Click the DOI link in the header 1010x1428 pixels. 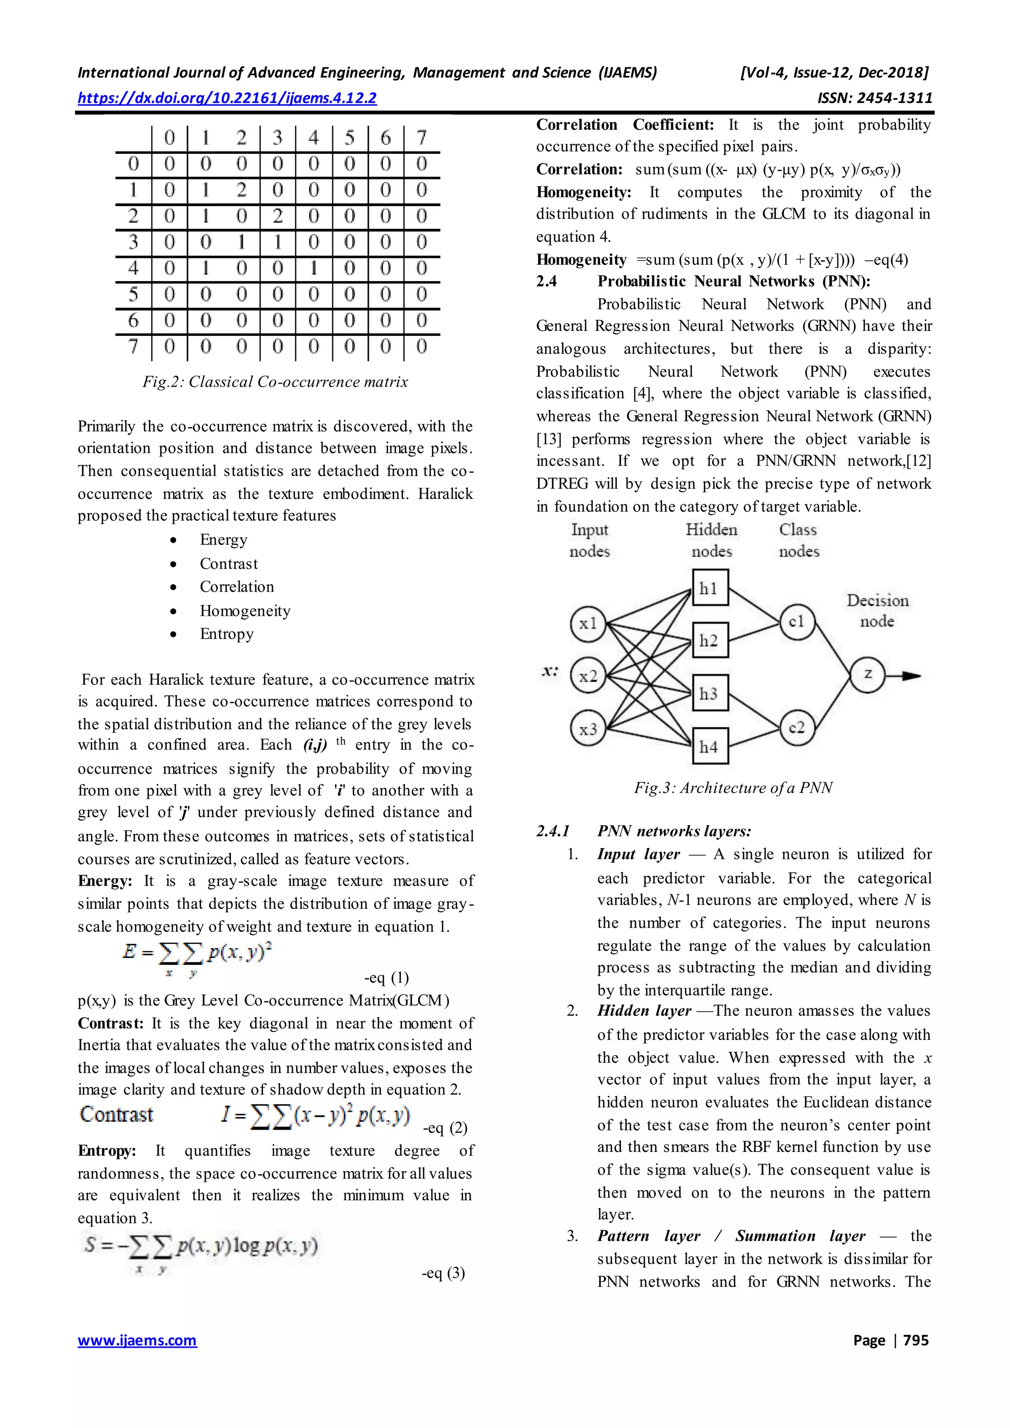point(227,98)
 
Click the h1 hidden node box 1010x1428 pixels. point(710,588)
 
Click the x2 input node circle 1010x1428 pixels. point(588,676)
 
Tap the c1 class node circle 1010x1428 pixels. point(796,621)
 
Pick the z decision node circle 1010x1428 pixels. point(867,674)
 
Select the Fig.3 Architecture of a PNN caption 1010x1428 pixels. point(733,787)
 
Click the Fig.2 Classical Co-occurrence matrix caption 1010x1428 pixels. point(275,381)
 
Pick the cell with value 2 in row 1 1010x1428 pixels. point(241,190)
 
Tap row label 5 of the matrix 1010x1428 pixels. point(133,294)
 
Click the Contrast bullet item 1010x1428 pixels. point(228,564)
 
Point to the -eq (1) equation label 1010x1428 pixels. point(386,978)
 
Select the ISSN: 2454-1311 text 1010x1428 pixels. point(874,98)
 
